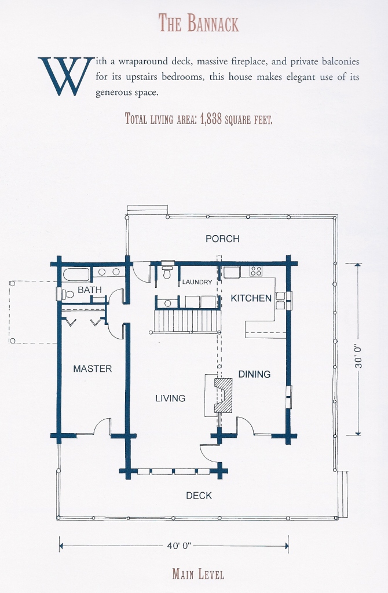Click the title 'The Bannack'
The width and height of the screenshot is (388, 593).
199,23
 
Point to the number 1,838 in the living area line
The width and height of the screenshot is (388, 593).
211,119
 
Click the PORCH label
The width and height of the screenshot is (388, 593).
222,239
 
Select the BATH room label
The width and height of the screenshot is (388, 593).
90,290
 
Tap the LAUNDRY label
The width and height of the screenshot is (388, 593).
197,282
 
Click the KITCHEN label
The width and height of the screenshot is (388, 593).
251,298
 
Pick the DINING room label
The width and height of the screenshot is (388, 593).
254,374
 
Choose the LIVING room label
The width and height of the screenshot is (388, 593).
170,398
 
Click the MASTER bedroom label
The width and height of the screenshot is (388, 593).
92,368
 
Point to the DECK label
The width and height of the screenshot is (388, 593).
199,496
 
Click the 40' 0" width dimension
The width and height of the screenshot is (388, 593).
180,546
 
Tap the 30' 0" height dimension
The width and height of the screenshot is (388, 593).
358,356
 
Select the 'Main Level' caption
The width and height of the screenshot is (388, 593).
198,574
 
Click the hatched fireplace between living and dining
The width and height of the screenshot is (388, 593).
224,395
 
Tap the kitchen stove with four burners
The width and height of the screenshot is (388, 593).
256,271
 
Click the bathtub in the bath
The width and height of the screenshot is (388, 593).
76,273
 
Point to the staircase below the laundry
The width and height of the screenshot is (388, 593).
187,320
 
